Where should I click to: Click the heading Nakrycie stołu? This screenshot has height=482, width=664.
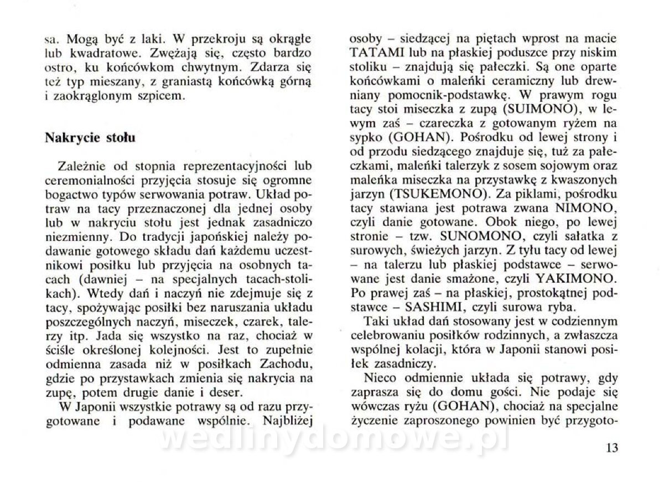tap(90, 137)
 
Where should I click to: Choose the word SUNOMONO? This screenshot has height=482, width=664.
tap(460, 237)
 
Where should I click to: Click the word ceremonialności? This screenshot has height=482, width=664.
tap(88, 180)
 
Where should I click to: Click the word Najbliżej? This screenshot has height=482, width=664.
tap(287, 421)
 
